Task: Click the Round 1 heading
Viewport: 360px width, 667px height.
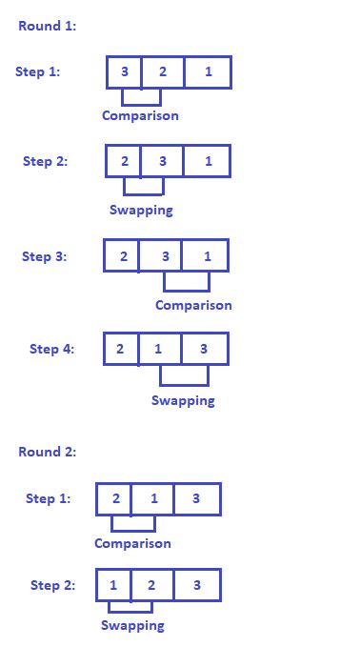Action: (x=48, y=27)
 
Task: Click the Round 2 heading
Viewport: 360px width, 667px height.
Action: (x=48, y=452)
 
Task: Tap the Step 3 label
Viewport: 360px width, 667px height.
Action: (x=45, y=256)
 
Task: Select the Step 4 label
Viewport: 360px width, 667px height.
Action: (x=51, y=349)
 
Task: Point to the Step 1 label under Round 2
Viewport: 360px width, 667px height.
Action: (x=48, y=498)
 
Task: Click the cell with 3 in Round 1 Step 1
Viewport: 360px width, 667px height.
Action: (x=124, y=72)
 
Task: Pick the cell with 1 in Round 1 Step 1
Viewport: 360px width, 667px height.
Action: (x=209, y=72)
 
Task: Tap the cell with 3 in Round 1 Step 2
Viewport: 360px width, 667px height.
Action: (x=162, y=161)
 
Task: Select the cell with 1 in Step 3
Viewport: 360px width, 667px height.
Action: (x=207, y=256)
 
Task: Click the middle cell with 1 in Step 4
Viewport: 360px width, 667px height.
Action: (x=158, y=349)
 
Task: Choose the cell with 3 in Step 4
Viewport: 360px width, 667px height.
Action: (x=204, y=349)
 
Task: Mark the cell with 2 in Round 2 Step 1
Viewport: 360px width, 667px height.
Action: (x=114, y=498)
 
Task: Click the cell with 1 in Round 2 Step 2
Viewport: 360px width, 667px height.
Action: (x=113, y=585)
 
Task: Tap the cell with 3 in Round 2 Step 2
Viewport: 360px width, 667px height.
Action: (x=196, y=585)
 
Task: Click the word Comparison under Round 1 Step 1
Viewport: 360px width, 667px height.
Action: (x=140, y=116)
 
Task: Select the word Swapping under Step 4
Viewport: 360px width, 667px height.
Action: (x=183, y=400)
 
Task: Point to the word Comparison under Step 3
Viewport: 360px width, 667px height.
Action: (x=193, y=306)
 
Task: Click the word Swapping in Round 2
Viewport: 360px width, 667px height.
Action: (x=132, y=626)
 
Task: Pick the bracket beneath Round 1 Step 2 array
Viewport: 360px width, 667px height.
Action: (x=143, y=188)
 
